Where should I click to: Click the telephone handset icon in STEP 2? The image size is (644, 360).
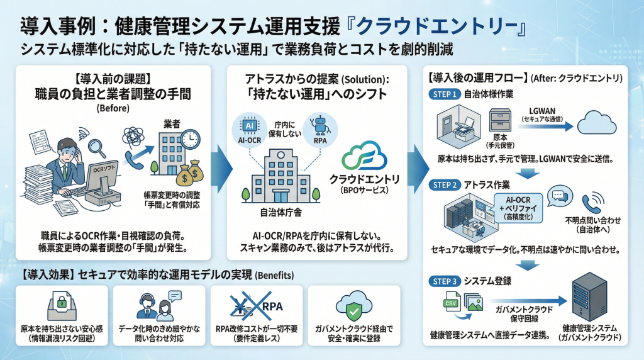[591, 203]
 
